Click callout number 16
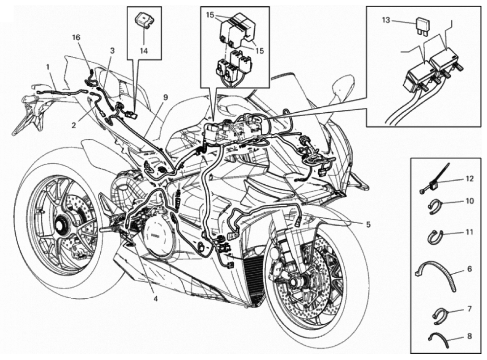pyautogui.click(x=77, y=38)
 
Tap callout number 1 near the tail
pyautogui.click(x=47, y=67)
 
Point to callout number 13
pyautogui.click(x=387, y=20)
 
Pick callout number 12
pyautogui.click(x=469, y=178)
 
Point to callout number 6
pyautogui.click(x=469, y=270)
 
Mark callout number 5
pyautogui.click(x=368, y=225)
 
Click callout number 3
pyautogui.click(x=112, y=51)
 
